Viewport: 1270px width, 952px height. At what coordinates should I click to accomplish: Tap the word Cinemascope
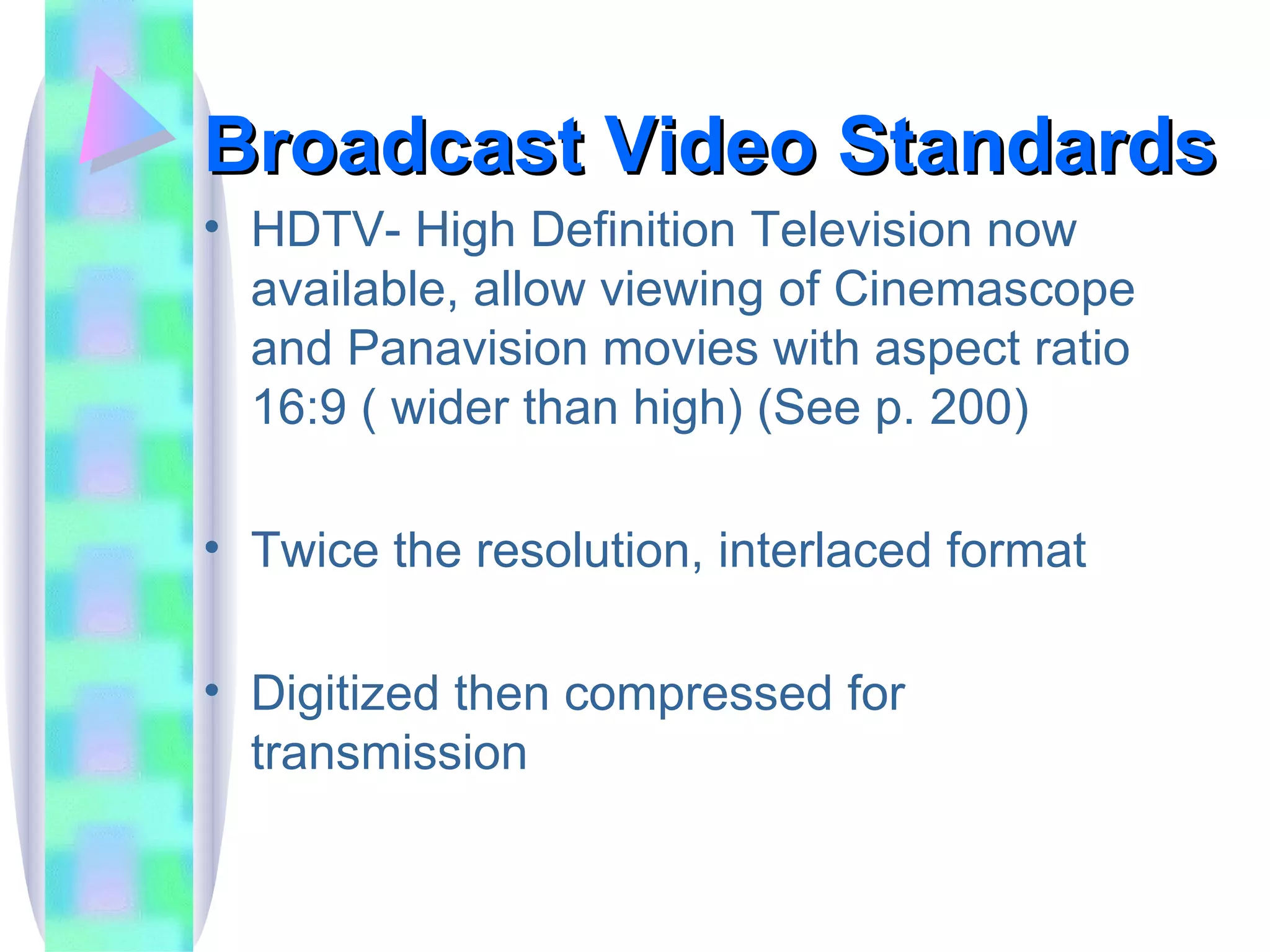coord(984,290)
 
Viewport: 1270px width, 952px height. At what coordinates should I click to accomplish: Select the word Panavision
coord(467,348)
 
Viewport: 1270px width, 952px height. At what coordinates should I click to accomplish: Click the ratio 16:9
coord(299,408)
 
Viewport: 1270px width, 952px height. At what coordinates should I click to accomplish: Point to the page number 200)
coord(979,408)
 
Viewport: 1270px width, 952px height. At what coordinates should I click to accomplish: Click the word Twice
coord(314,550)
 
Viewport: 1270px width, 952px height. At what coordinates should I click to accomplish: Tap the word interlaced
coord(824,550)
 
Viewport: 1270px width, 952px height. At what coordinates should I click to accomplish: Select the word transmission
coord(389,753)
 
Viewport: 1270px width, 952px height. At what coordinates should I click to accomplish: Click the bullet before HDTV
coord(212,227)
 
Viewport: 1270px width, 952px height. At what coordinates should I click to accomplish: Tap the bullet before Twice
coord(212,547)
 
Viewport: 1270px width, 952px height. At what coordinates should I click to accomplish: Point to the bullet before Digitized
coord(212,689)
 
